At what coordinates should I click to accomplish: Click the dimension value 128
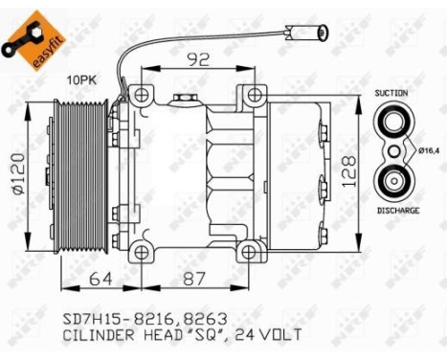pyautogui.click(x=351, y=171)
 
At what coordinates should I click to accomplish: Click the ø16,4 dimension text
pyautogui.click(x=429, y=150)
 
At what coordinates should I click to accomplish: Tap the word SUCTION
pyautogui.click(x=392, y=93)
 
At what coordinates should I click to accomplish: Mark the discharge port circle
pyautogui.click(x=392, y=180)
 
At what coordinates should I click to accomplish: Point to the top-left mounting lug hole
pyautogui.click(x=141, y=95)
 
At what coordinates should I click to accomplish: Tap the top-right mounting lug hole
pyautogui.click(x=253, y=95)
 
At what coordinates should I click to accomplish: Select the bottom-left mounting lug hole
pyautogui.click(x=141, y=252)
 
